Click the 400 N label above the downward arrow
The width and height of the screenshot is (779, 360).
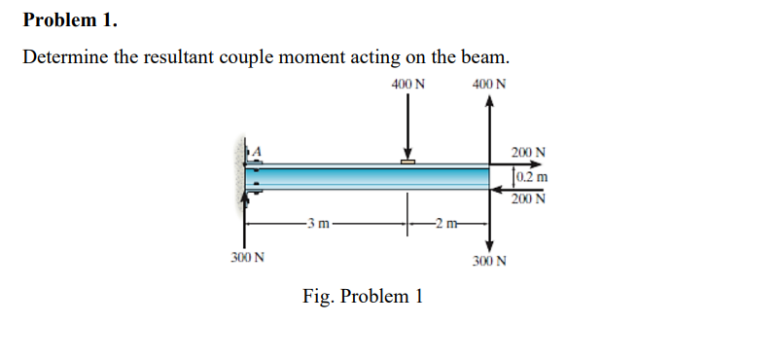(x=407, y=85)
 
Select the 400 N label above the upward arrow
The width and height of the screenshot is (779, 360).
(x=488, y=85)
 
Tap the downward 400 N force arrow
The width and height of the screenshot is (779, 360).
(x=407, y=126)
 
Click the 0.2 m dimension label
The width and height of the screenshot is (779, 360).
(x=530, y=176)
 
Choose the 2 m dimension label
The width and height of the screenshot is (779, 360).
(x=448, y=227)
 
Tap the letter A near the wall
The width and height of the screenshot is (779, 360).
(x=259, y=150)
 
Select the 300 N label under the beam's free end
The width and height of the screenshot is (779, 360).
(x=488, y=262)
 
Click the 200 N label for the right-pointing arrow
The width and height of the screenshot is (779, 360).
(x=529, y=153)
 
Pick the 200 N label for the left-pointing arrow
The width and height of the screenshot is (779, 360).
(x=529, y=198)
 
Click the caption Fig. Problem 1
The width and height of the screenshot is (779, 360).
(x=362, y=296)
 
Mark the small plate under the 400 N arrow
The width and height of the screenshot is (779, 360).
(x=407, y=161)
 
